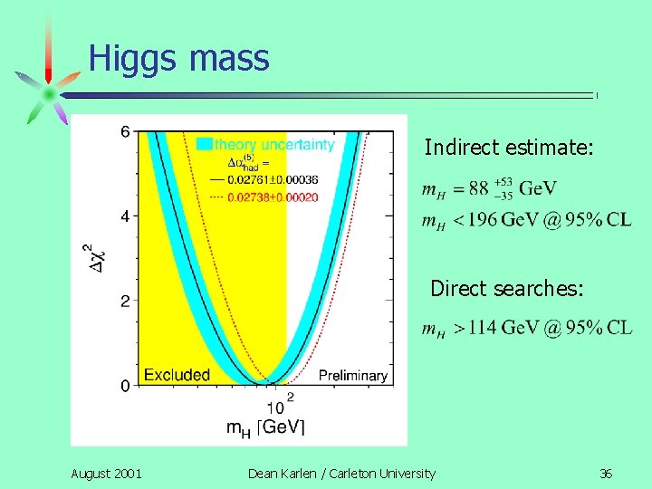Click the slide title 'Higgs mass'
click(x=178, y=59)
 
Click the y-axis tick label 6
click(x=124, y=131)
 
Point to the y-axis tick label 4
click(x=124, y=216)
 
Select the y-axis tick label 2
click(x=124, y=301)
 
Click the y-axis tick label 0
click(x=124, y=386)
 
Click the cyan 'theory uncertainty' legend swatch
click(x=205, y=144)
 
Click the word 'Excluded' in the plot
click(x=177, y=374)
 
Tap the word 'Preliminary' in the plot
click(x=353, y=375)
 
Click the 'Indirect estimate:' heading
click(x=509, y=147)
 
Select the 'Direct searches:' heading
click(x=507, y=288)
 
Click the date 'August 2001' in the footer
click(x=106, y=473)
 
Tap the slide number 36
click(x=606, y=473)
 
